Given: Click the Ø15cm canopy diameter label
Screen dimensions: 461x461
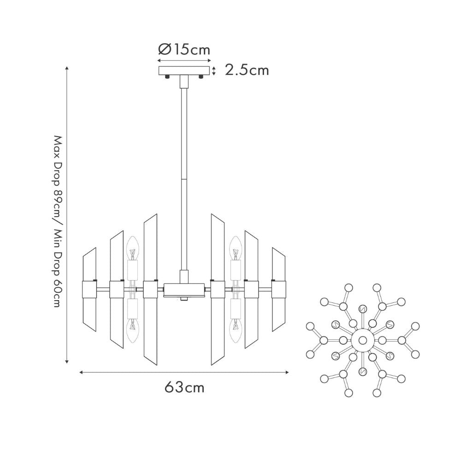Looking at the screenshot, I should [184, 49].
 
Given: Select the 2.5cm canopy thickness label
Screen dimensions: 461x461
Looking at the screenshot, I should [247, 70].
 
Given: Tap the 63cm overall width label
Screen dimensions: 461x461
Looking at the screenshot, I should [184, 387].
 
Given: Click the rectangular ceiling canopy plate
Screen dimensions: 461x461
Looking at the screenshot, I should [184, 71].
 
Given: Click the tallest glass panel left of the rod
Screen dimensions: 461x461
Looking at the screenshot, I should [150, 288].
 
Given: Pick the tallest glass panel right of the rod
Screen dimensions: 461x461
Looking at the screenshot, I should [218, 288].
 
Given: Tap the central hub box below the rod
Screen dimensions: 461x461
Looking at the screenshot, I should [184, 290].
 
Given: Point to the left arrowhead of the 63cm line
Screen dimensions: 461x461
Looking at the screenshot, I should [82, 372].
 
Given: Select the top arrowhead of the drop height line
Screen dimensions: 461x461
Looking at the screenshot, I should [67, 68].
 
